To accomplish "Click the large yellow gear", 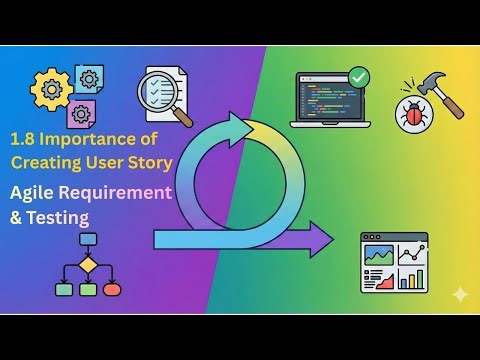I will pyautogui.click(x=49, y=89).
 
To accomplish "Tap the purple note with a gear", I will pyautogui.click(x=82, y=112).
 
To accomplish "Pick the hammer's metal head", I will pyautogui.click(x=436, y=84).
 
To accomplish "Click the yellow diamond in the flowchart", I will pyautogui.click(x=88, y=264).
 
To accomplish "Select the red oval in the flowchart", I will pyautogui.click(x=112, y=289).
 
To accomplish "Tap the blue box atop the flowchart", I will pyautogui.click(x=88, y=240).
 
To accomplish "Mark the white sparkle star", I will pyautogui.click(x=460, y=294).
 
